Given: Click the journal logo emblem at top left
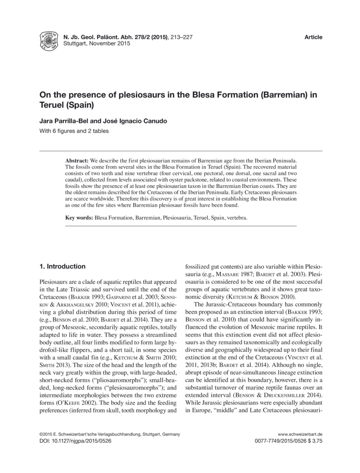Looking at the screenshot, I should coord(49,42).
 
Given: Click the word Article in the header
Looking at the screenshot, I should coord(313,37).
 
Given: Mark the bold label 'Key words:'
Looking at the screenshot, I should coord(79,218).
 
